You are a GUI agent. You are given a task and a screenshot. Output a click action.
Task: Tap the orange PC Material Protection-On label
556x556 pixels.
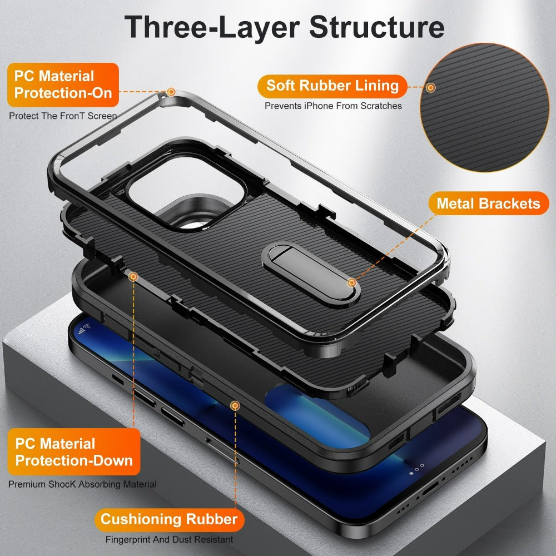tap(63, 85)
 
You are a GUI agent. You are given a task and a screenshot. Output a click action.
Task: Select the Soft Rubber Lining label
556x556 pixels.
tap(332, 86)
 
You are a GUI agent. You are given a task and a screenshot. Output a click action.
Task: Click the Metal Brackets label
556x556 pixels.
tap(488, 203)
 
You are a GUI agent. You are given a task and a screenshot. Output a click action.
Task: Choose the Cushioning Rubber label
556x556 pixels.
tap(169, 520)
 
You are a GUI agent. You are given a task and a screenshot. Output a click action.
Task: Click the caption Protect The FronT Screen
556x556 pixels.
tap(63, 116)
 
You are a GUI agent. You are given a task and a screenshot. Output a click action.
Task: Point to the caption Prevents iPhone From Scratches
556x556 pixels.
tap(333, 106)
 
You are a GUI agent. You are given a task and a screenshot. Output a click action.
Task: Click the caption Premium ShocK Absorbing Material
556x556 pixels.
tap(82, 484)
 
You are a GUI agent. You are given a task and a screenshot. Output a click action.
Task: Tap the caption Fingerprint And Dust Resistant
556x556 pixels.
tap(169, 539)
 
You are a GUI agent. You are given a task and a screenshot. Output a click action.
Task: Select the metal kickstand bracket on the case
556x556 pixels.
tap(283, 273)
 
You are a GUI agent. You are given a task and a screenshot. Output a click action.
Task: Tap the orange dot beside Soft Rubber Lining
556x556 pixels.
tap(431, 87)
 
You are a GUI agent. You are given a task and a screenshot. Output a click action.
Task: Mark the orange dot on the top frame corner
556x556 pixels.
tap(171, 91)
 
